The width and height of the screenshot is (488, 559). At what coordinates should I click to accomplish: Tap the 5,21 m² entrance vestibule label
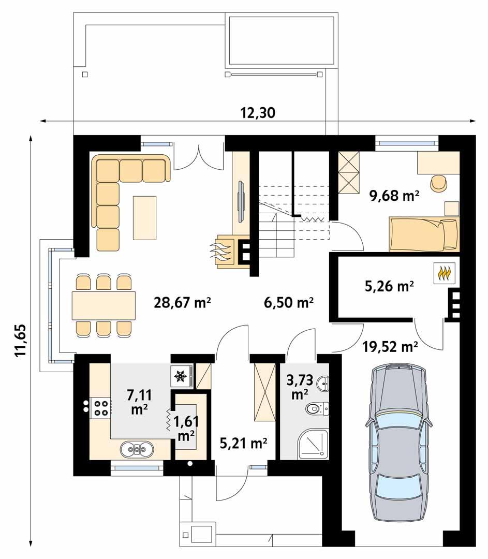(243, 443)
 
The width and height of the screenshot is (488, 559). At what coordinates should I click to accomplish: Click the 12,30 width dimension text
(257, 112)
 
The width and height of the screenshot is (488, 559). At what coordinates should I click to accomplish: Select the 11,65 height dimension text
(20, 341)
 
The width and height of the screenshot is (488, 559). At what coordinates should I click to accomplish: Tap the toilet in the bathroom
(317, 409)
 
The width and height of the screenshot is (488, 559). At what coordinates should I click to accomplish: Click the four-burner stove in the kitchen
(100, 408)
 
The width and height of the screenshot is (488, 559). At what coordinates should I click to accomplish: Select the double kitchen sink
(136, 449)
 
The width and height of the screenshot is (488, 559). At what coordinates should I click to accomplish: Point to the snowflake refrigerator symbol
(181, 376)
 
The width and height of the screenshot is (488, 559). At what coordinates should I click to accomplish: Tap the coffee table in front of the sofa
(144, 217)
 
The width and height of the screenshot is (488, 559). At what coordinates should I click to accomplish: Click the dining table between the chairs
(103, 305)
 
